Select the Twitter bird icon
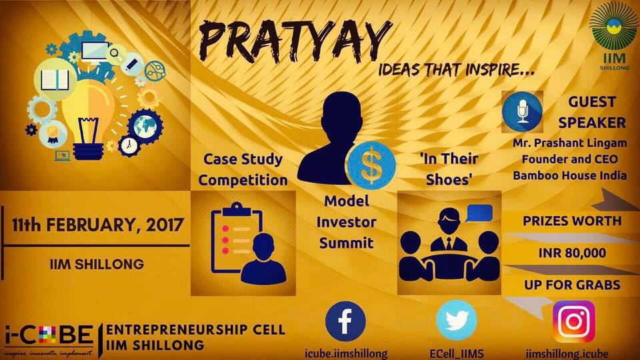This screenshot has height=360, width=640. tap(456, 322)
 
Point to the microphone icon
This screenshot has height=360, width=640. tap(523, 111)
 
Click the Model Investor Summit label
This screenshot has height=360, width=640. tap(351, 221)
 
